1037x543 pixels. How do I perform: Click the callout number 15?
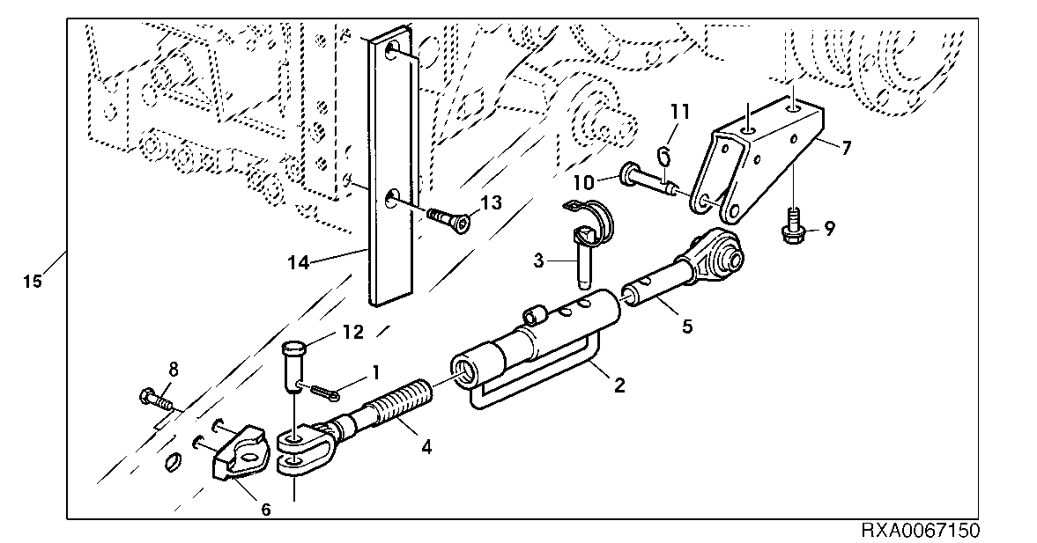tap(32, 283)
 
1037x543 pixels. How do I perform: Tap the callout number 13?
tap(491, 203)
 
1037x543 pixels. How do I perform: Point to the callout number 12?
tap(352, 334)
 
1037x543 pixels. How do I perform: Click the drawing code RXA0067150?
tap(920, 532)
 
